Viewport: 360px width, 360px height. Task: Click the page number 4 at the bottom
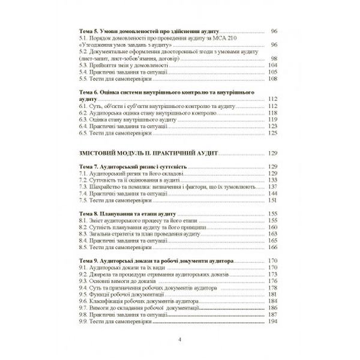pos(179,340)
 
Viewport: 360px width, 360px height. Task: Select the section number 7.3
pos(85,187)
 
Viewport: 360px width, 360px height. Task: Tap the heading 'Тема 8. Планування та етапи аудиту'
pos(127,214)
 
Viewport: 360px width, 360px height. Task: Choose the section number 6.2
pos(85,112)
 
